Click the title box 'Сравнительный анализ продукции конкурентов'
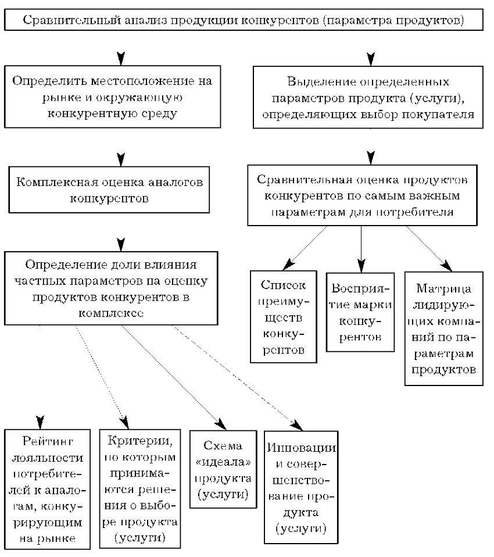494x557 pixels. tap(244, 20)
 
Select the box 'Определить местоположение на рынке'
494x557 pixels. tap(113, 97)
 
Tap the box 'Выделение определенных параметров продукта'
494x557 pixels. tap(368, 97)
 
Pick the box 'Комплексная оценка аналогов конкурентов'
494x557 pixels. tap(109, 190)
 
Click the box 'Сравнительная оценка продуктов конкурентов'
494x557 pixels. tap(362, 195)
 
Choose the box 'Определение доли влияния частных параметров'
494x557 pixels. tap(111, 288)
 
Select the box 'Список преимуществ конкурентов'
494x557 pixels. tap(284, 317)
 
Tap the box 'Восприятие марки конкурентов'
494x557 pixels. tap(360, 312)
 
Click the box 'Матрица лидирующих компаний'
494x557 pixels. tap(444, 329)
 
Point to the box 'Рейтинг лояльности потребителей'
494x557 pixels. tap(47, 489)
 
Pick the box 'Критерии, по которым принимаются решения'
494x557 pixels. tap(140, 489)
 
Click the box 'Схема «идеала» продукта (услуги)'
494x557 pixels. tap(223, 469)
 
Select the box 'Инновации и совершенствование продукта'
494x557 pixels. tap(301, 487)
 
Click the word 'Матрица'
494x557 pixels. tap(444, 288)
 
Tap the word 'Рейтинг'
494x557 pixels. tap(48, 441)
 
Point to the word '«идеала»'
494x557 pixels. tap(223, 462)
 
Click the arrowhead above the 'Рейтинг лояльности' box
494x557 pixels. tap(41, 422)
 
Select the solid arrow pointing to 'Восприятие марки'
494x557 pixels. tap(361, 249)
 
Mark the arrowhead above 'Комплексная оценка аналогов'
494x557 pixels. tap(121, 159)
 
